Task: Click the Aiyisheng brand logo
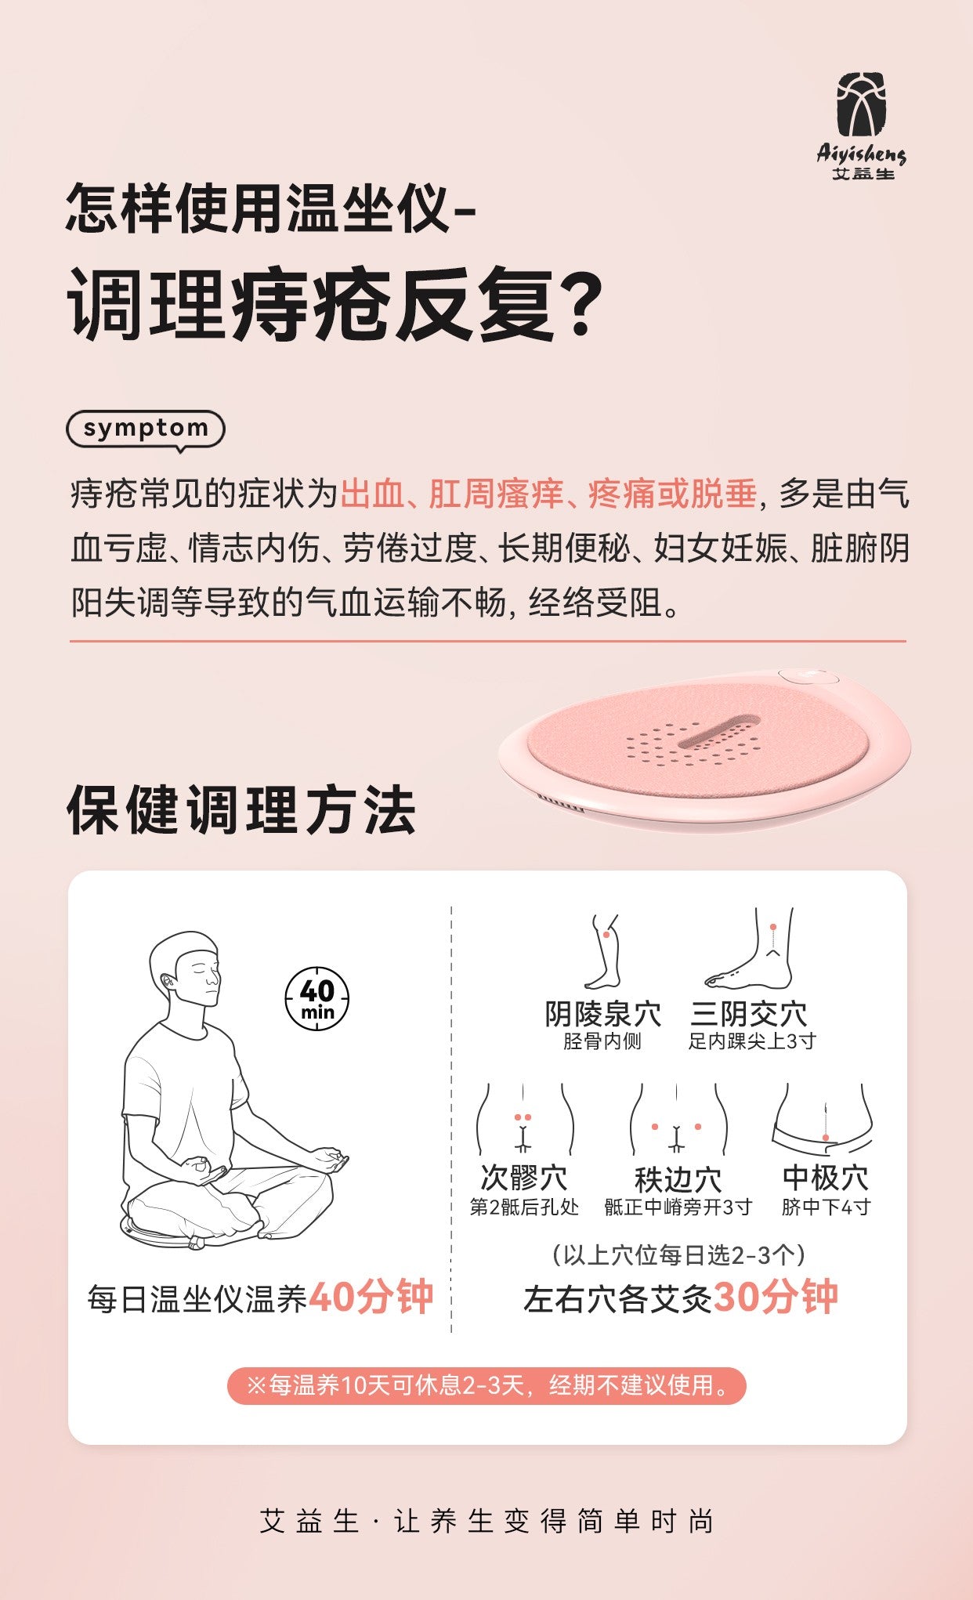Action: click(x=862, y=125)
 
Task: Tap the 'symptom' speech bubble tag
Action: click(x=146, y=429)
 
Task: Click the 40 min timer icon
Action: click(x=316, y=999)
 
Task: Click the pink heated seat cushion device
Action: click(x=705, y=748)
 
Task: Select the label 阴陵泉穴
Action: click(x=602, y=1014)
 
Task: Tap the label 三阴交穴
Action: click(x=748, y=1014)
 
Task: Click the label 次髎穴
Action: click(x=523, y=1178)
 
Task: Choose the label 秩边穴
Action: click(x=678, y=1178)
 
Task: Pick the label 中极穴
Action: click(x=826, y=1178)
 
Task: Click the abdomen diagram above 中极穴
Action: click(x=823, y=1119)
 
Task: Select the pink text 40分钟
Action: click(x=371, y=1297)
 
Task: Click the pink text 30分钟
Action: click(x=776, y=1297)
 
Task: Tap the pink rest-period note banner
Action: click(x=486, y=1385)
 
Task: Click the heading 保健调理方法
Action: click(x=241, y=810)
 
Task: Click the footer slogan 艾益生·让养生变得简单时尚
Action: click(x=486, y=1521)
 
